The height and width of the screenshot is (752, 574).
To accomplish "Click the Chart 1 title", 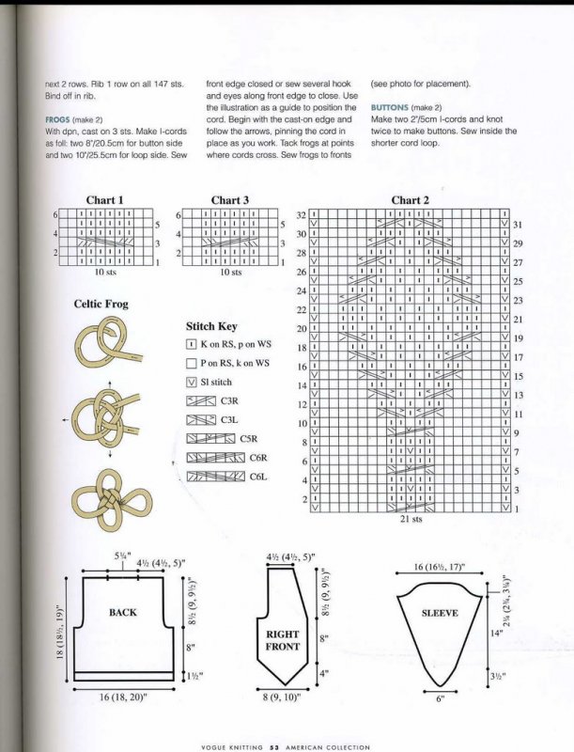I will tap(104, 200).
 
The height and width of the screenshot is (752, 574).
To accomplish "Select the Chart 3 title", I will tap(229, 200).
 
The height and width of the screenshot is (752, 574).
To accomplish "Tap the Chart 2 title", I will tap(410, 200).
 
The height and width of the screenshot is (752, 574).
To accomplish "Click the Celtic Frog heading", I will tap(101, 304).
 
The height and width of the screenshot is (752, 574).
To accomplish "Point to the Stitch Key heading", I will tap(211, 326).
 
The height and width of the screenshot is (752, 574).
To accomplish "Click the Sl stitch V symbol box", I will tap(192, 382).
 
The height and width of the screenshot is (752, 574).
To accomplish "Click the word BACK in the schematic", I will tap(123, 612).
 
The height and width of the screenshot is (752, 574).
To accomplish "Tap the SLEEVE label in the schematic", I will tap(440, 613).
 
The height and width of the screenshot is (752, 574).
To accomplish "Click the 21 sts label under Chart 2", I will tap(411, 518).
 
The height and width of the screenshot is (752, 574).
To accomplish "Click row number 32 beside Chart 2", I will tap(302, 215).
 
